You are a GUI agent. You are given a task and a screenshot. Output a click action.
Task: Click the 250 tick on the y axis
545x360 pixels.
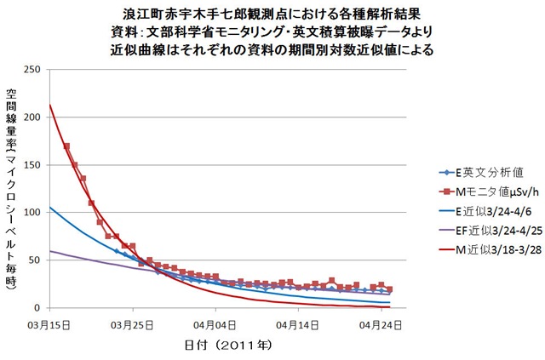coord(35,69)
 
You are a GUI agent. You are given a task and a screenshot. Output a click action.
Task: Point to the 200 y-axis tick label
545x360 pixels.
coord(35,117)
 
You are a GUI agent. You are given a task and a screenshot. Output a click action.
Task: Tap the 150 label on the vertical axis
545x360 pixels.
coord(35,164)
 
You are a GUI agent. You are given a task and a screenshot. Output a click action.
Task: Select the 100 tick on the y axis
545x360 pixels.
coord(35,212)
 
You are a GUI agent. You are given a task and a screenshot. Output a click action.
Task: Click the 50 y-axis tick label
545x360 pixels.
coord(37,260)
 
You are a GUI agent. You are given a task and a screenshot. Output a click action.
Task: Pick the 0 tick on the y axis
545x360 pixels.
coord(41,307)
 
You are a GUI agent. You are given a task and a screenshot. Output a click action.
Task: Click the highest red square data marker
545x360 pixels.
coord(67,146)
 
